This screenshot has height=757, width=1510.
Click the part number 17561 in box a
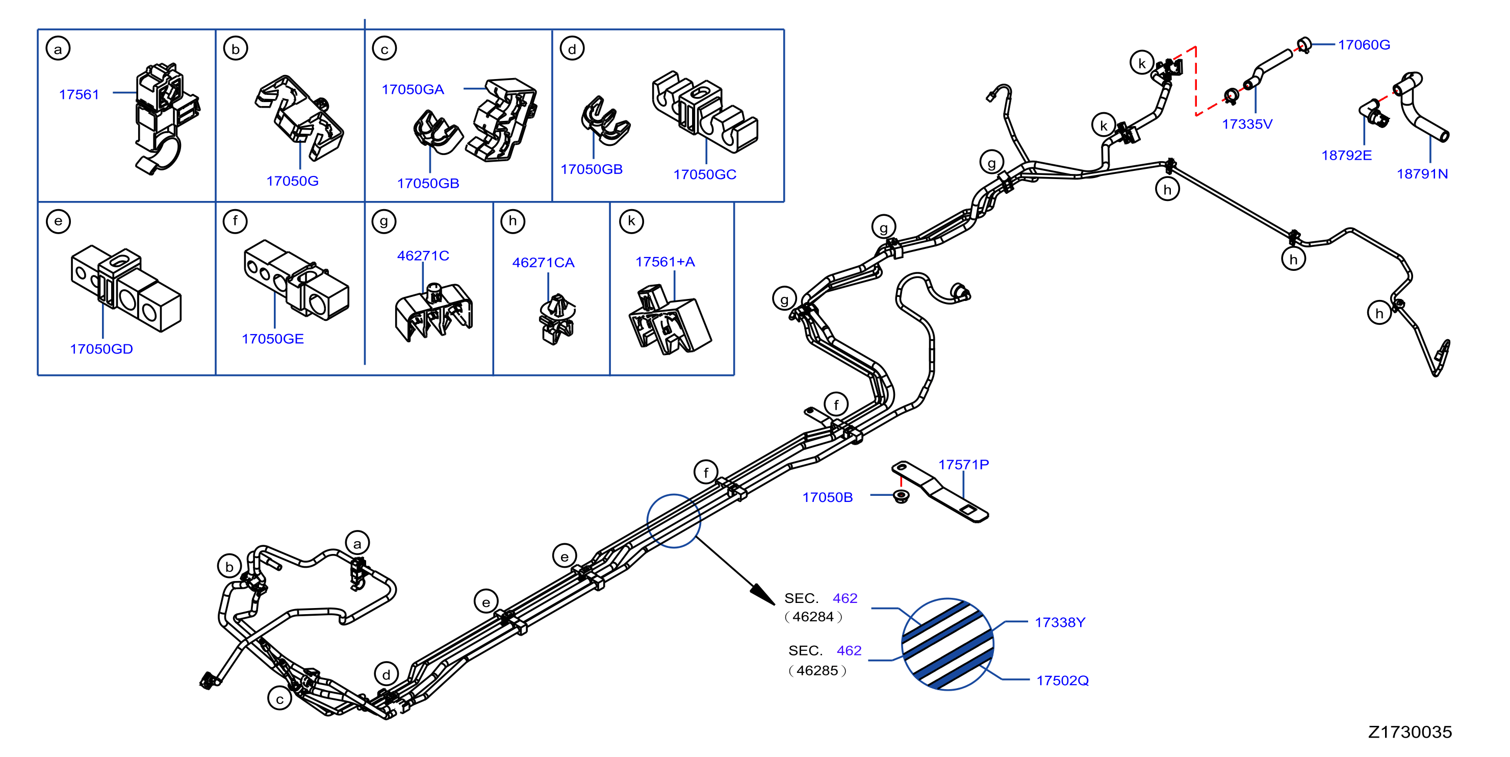(79, 94)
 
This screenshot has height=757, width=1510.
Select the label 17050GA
(413, 89)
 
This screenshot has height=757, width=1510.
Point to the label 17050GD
(101, 349)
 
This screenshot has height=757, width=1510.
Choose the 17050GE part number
(272, 339)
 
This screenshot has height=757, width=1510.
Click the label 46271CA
(544, 262)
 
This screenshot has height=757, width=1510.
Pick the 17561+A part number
(666, 262)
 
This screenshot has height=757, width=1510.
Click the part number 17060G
(1364, 44)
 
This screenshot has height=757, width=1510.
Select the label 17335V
(1247, 124)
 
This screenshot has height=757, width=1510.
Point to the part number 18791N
(1422, 173)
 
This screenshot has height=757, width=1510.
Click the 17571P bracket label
(963, 464)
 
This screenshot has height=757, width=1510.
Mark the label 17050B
(827, 497)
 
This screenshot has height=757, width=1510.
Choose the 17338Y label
(1060, 622)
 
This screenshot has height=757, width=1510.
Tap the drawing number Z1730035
(1410, 732)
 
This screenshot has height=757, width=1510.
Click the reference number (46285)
(817, 670)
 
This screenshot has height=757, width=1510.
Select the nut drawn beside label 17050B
(901, 496)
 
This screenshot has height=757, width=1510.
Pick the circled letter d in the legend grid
(572, 48)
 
